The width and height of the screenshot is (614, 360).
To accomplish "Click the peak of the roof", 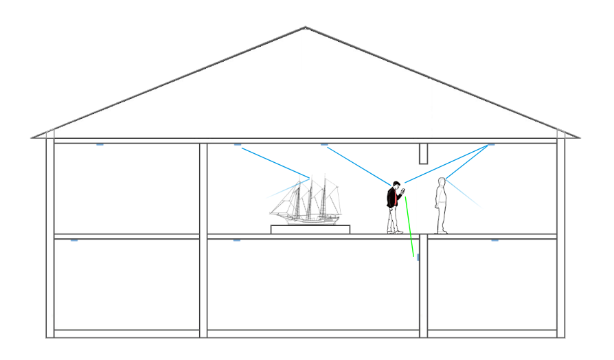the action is click(x=306, y=28).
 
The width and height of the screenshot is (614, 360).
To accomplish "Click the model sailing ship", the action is click(x=305, y=201).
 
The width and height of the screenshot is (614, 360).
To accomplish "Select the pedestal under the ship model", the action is click(x=310, y=229).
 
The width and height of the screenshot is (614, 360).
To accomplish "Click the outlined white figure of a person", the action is click(x=442, y=205).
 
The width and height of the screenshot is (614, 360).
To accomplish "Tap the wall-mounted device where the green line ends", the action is click(x=418, y=257).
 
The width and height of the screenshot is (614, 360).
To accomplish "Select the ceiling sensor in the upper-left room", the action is click(x=100, y=144).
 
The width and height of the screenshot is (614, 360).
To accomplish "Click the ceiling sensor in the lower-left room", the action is click(x=74, y=240).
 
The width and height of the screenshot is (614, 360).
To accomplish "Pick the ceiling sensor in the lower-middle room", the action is click(x=237, y=240).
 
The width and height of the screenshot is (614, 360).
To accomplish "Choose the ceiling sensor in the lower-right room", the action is click(x=494, y=240).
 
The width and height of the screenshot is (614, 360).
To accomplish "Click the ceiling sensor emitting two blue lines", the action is click(x=490, y=145).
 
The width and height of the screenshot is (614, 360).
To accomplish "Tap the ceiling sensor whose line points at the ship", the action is click(x=238, y=144).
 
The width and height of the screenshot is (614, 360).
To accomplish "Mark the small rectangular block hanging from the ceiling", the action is click(x=424, y=153).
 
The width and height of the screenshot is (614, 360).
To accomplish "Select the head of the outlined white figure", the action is click(x=442, y=183).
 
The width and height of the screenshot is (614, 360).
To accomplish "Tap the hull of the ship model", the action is click(x=309, y=220).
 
